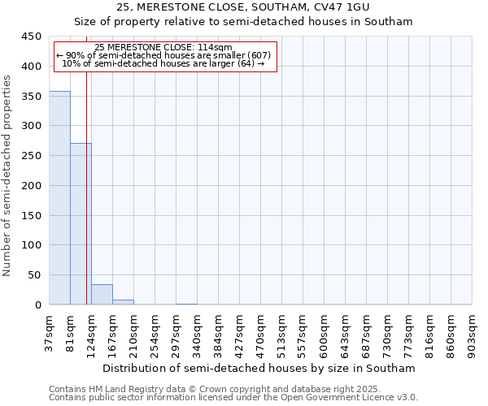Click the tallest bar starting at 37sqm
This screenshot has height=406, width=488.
(59, 198)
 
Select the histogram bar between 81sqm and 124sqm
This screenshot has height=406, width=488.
(81, 224)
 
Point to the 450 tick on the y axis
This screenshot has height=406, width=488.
(32, 37)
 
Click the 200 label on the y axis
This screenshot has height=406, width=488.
(32, 186)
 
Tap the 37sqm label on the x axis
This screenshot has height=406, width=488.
(50, 335)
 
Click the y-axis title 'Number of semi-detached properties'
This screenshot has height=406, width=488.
(8, 175)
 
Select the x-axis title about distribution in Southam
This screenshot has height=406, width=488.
(259, 368)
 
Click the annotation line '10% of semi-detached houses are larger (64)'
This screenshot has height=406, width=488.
(163, 63)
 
